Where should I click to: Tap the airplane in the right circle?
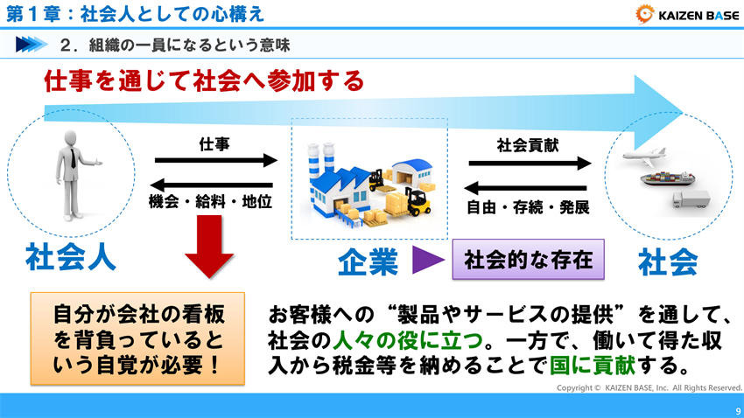pyautogui.click(x=649, y=162)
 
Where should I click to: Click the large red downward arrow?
pyautogui.click(x=209, y=250)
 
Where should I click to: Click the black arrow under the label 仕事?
pyautogui.click(x=215, y=161)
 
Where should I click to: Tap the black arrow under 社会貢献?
pyautogui.click(x=529, y=163)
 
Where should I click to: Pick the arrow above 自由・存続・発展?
pyautogui.click(x=525, y=187)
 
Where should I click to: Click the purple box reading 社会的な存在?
pyautogui.click(x=528, y=259)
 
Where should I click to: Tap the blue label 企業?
pyautogui.click(x=368, y=261)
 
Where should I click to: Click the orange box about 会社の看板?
pyautogui.click(x=137, y=339)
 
